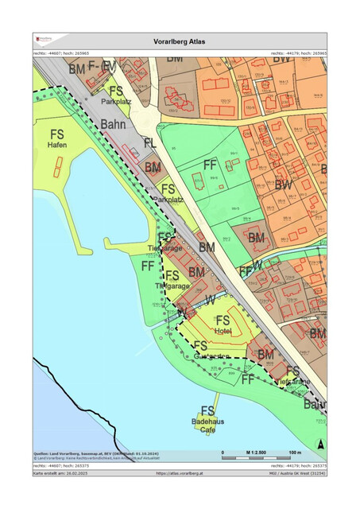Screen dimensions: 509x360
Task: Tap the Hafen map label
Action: [x=56, y=146]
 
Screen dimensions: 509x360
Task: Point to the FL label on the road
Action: [x=150, y=143]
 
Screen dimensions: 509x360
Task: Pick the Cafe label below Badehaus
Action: [x=207, y=429]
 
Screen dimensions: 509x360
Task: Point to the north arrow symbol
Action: [x=319, y=443]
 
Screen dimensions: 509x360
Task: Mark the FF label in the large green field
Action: [x=211, y=165]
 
